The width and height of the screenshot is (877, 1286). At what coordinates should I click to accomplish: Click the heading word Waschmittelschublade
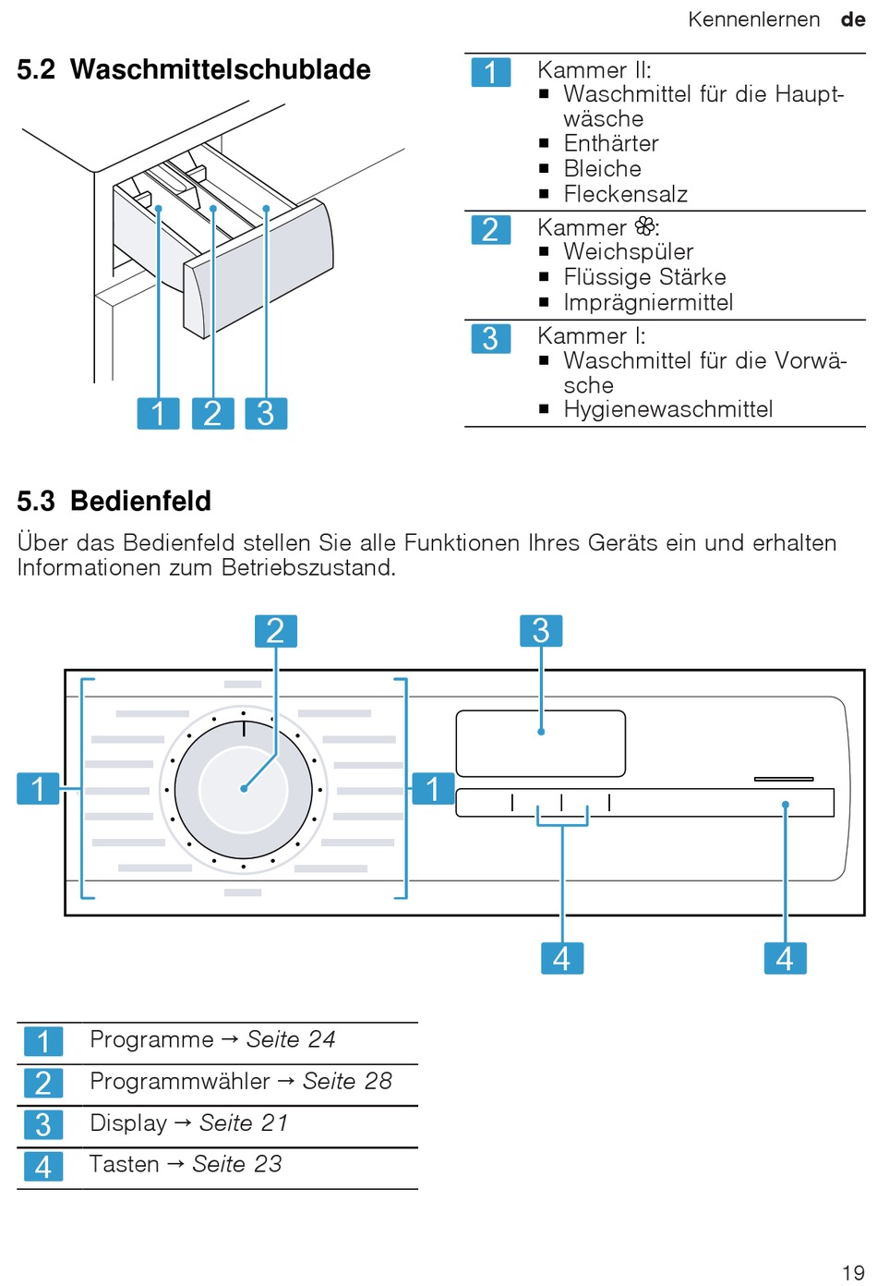[220, 69]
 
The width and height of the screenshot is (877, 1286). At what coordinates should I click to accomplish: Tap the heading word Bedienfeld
[140, 501]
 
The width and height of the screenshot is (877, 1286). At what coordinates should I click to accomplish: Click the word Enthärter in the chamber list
[611, 143]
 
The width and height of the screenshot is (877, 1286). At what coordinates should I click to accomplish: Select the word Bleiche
[602, 168]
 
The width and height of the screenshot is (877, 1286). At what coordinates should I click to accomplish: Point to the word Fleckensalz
[625, 194]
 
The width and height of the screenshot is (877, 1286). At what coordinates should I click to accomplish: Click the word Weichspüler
[628, 251]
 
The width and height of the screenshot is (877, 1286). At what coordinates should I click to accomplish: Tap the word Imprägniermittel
[648, 302]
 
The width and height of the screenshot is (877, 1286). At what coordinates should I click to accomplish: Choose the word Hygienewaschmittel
[667, 409]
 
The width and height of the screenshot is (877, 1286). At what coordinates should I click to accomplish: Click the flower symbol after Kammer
[645, 226]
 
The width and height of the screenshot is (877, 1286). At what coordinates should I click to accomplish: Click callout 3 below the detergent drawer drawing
[266, 413]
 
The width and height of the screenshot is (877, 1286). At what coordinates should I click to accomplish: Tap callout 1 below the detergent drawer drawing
[158, 413]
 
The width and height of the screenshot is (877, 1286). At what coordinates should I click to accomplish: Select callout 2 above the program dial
[275, 631]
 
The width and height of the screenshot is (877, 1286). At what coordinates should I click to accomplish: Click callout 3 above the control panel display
[541, 631]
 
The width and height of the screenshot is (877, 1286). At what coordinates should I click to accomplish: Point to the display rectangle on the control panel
[541, 744]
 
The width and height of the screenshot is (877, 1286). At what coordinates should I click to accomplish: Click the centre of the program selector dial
[244, 789]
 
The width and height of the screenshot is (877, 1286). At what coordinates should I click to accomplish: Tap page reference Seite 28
[347, 1081]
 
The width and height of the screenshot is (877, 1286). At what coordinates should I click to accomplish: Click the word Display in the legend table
[128, 1122]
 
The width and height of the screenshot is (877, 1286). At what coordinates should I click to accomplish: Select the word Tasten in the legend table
[124, 1164]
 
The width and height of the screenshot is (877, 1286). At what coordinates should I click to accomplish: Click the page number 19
[853, 1272]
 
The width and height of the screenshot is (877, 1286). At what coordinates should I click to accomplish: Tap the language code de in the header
[853, 19]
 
